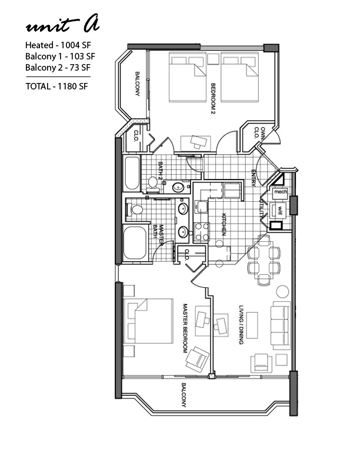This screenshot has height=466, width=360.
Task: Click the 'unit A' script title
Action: (62, 24)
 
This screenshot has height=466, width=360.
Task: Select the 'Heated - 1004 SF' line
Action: (58, 45)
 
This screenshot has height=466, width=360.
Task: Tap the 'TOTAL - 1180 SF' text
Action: (56, 86)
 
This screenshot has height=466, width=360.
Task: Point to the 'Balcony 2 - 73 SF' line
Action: (58, 68)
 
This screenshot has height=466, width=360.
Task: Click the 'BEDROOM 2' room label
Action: (213, 99)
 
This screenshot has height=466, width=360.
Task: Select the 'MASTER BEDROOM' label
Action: (185, 328)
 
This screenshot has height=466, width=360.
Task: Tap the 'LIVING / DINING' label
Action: (241, 325)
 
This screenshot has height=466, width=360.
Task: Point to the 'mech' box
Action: (280, 192)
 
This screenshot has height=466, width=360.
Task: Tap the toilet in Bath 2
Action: (153, 183)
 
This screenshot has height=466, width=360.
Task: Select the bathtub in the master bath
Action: (135, 243)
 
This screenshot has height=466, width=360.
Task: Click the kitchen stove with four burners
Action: (202, 232)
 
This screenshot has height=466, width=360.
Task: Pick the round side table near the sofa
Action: (282, 292)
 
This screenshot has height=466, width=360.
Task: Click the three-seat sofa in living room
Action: (281, 325)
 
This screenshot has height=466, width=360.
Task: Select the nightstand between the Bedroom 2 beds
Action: (214, 59)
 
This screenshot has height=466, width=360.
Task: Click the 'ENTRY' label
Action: (254, 178)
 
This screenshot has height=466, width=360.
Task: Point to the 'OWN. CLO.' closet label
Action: (259, 133)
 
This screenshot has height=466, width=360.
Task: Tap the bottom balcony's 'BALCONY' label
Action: (184, 395)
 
